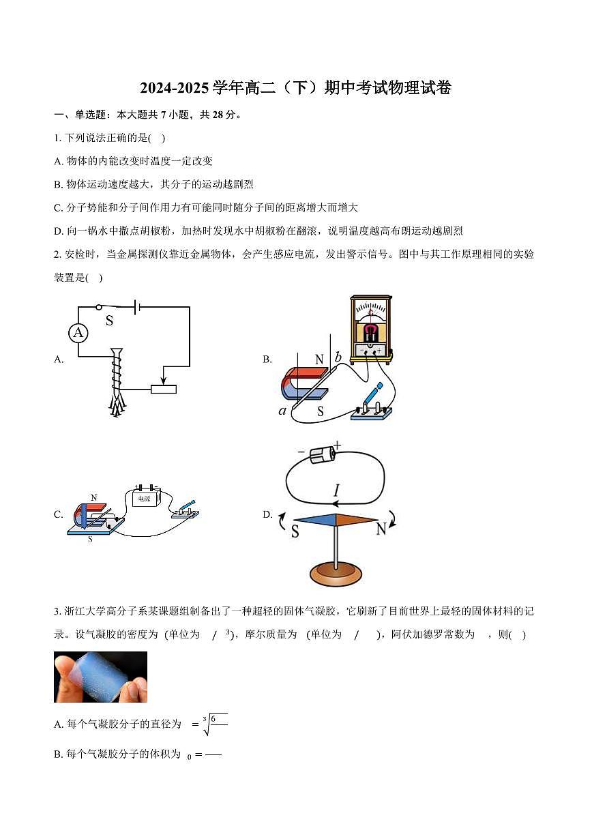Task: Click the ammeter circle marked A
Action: coord(78,332)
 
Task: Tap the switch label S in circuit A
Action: coord(109,320)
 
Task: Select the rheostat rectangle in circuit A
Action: coord(164,389)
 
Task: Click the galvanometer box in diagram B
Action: coord(371,327)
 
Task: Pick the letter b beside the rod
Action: coord(338,357)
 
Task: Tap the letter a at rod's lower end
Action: coord(282,410)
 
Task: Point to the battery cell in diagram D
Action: coord(321,454)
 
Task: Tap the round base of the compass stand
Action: coord(336,574)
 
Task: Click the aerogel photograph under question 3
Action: coord(100,677)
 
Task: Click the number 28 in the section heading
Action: coord(220,115)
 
